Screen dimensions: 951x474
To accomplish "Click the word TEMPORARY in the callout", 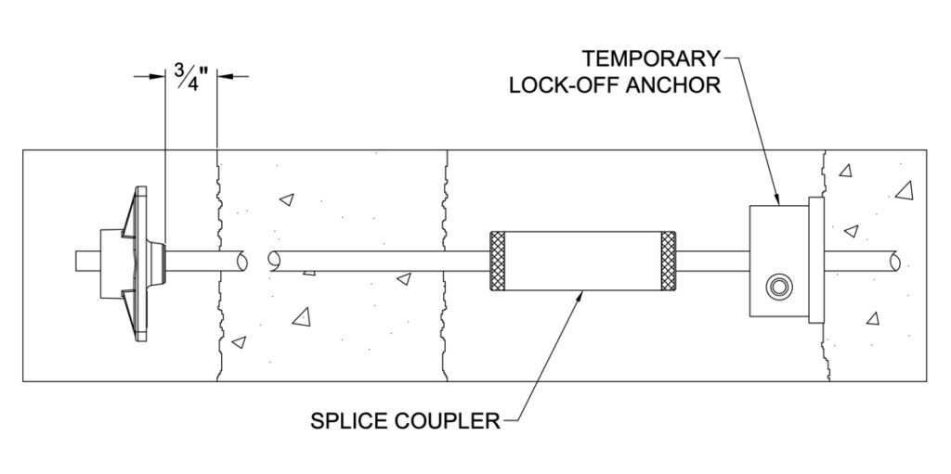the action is tap(651, 58).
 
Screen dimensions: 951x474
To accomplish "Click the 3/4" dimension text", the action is tap(191, 76).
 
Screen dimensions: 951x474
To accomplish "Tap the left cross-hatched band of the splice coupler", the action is tap(497, 261).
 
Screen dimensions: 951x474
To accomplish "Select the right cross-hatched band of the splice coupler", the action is tap(669, 261).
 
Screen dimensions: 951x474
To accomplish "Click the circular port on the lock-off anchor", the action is tap(777, 286).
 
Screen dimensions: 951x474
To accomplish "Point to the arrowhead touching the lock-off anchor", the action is tap(777, 199).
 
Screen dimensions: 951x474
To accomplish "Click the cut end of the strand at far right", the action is tap(894, 262).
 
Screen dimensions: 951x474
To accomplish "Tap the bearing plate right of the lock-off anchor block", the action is tap(815, 261).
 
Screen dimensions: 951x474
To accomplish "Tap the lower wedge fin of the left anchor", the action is tap(129, 310).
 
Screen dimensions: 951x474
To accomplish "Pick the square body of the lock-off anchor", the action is tap(779, 261).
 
